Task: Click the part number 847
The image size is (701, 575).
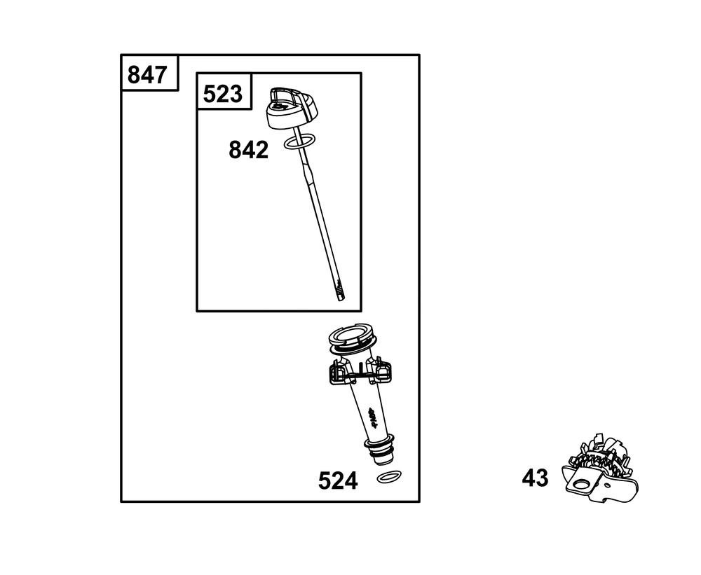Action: point(147,75)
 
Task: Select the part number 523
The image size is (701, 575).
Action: point(223,94)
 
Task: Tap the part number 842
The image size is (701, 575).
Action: point(249,150)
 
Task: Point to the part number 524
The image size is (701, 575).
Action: point(338,481)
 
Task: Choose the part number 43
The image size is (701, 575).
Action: point(535,478)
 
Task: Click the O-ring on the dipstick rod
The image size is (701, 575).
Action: point(300,141)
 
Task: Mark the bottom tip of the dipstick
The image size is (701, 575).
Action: point(343,299)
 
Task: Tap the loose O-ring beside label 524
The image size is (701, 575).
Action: point(389,477)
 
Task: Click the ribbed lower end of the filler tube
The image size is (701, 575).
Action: point(380,450)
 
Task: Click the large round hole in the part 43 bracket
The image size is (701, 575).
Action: point(582,483)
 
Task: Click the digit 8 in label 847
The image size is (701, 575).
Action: point(134,75)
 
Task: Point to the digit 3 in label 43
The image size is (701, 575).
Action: point(543,478)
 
